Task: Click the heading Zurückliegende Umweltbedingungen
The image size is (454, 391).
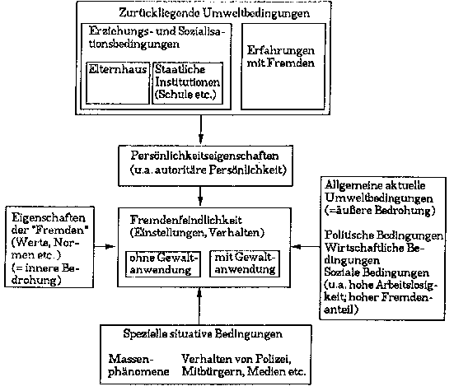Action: point(214,13)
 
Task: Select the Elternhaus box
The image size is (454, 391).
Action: point(118,83)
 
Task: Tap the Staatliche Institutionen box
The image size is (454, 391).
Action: point(188,83)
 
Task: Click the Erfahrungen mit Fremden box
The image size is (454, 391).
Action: point(283,67)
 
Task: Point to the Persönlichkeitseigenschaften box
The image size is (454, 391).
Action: point(205,165)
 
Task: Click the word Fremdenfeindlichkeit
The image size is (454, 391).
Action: point(185,220)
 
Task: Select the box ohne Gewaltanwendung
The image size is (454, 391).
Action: point(163,264)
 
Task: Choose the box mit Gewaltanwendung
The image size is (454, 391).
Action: point(245,264)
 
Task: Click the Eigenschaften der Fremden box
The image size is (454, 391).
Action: point(49,247)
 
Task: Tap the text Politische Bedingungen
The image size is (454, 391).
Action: point(384,235)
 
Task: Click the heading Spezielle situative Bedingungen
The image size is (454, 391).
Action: point(203,333)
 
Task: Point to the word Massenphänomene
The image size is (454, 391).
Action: point(138,365)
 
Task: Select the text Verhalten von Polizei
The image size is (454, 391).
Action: point(236,359)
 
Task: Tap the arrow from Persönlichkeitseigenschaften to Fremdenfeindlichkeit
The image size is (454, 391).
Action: point(200,197)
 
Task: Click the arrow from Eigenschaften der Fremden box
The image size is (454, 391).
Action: point(105,247)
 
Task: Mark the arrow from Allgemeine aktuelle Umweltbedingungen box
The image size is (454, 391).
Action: point(306,247)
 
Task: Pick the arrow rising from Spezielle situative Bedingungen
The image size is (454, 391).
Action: point(199,306)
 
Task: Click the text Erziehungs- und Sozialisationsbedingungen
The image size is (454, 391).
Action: point(157,38)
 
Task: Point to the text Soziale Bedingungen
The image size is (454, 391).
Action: point(377,272)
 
